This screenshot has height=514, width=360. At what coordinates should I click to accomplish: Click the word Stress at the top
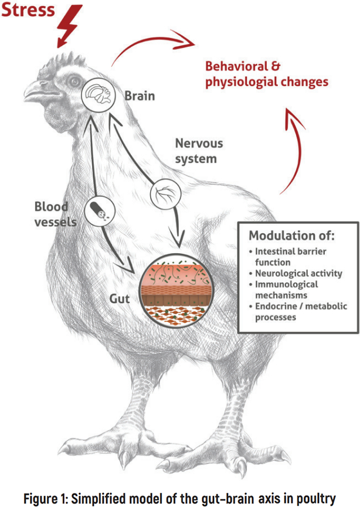point(28,11)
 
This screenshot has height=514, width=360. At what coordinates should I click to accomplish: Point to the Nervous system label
point(199,151)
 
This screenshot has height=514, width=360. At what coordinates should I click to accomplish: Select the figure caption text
point(179,499)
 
